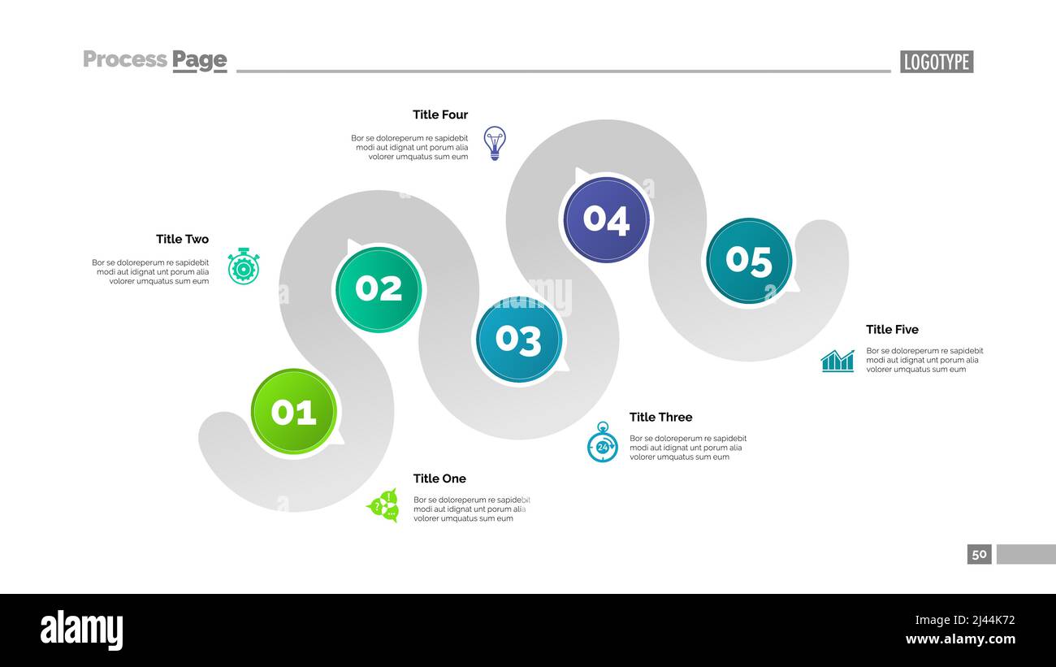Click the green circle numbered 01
294,412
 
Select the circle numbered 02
379,289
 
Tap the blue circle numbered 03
518,340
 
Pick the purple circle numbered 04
607,219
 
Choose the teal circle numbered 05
749,261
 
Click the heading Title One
439,479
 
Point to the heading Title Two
183,239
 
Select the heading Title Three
661,417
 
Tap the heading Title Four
440,115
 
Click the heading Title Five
893,330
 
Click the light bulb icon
495,143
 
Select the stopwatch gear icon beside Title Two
243,266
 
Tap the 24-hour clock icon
603,442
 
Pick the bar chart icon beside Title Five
837,361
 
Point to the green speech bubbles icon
383,506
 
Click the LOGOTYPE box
937,62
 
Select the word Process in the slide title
125,59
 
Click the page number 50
979,554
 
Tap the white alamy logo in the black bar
81,630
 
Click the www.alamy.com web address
960,639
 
